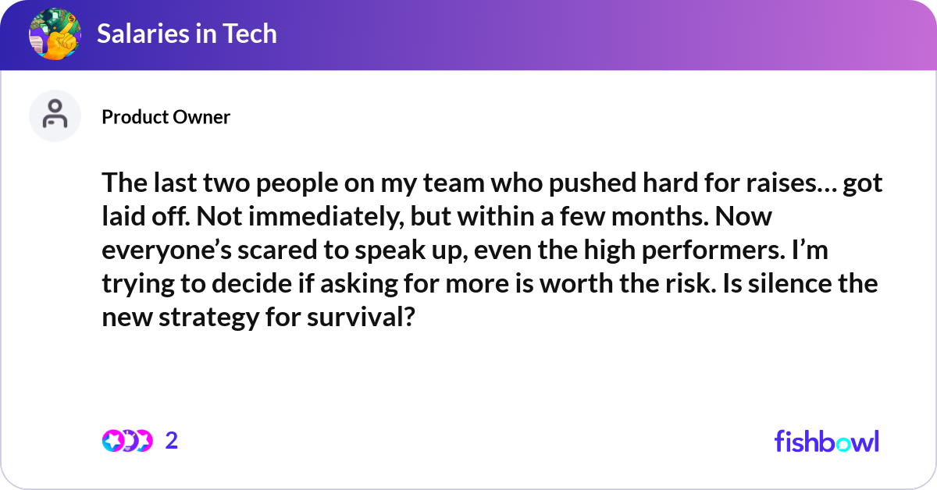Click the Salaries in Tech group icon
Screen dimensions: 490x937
(55, 34)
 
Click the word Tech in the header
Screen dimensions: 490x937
(249, 34)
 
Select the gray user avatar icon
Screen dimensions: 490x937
(55, 116)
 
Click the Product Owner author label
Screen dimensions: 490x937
(166, 117)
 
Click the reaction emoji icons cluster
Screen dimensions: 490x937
(126, 441)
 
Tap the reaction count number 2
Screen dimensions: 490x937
(172, 441)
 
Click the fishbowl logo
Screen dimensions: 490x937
(826, 441)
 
